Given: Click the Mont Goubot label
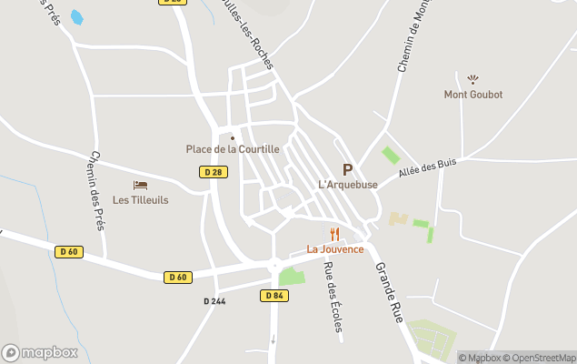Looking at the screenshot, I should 473,95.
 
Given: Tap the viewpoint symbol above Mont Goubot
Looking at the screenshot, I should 472,79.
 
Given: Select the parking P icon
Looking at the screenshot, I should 347,169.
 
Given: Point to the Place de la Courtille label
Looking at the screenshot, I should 233,149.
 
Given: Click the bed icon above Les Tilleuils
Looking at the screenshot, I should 140,186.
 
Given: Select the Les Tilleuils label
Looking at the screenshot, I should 140,200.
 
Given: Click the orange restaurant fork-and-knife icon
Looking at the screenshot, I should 334,234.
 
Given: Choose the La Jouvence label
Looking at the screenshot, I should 334,249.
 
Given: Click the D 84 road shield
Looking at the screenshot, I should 274,295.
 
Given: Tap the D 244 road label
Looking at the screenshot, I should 214,300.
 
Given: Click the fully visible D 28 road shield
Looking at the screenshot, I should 213,171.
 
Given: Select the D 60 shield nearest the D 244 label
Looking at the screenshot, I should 178,277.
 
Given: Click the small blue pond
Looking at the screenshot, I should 76,17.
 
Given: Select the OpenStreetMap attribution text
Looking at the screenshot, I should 543,358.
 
